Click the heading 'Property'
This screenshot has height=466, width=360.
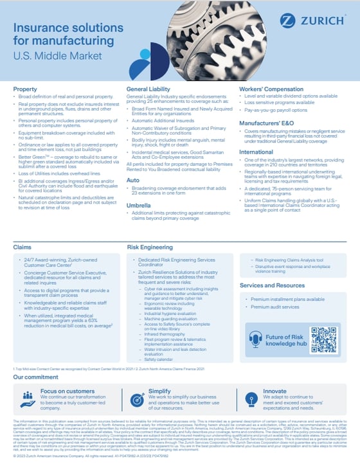(x=25, y=88)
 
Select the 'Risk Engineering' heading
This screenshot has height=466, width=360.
(x=149, y=247)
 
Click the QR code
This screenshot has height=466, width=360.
(x=323, y=339)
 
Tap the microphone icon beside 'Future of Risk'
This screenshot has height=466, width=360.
(x=253, y=340)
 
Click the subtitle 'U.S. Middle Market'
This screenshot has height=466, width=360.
(x=58, y=56)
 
